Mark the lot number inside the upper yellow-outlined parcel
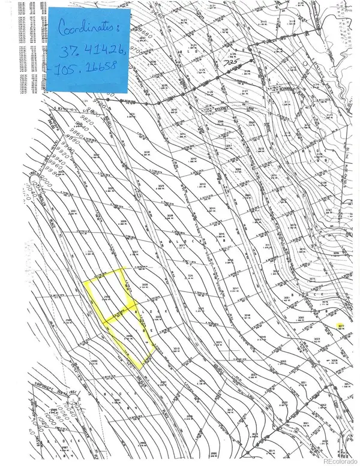pos(108,296)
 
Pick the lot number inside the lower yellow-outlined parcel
pos(129,337)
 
